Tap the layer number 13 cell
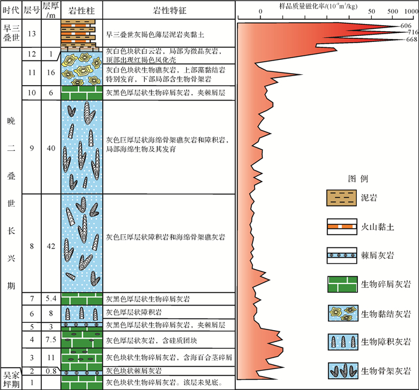tap(32, 35)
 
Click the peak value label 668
tap(411, 40)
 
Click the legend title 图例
tap(357, 179)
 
